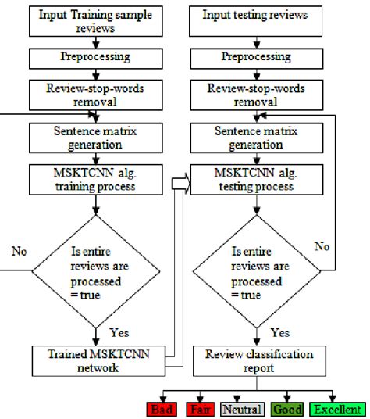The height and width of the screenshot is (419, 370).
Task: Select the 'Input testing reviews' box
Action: (x=254, y=16)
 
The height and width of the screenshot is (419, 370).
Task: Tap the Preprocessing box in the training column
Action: (x=94, y=58)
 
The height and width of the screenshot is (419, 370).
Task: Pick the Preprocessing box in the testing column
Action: (x=254, y=58)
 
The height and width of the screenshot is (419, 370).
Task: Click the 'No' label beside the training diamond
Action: (x=20, y=251)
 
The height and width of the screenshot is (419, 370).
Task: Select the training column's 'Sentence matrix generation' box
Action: (x=94, y=138)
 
